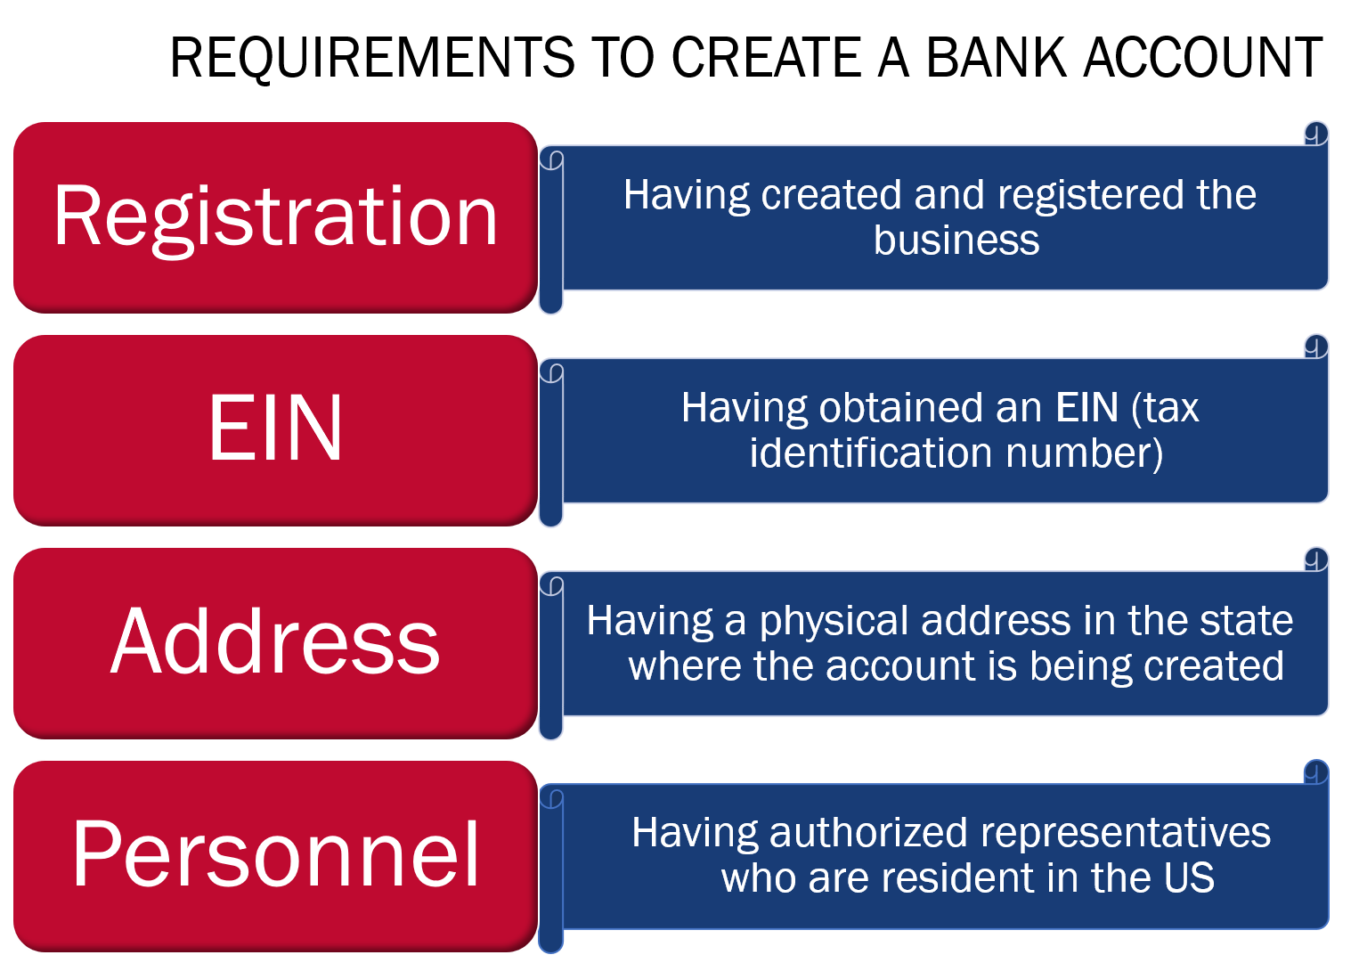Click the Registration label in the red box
coord(275,216)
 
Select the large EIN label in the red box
coord(275,428)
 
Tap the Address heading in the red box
coord(275,641)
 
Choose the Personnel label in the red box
coord(275,854)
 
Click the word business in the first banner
coord(956,241)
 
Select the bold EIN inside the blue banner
coord(1086,408)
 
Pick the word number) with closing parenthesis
coord(1084,453)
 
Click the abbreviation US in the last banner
coord(1188,878)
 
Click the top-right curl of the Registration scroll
coord(1315,134)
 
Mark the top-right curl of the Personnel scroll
coord(1315,772)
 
